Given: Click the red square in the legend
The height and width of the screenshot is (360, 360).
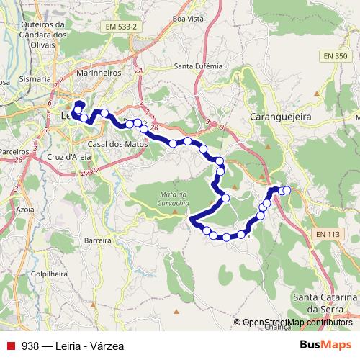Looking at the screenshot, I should [10, 345].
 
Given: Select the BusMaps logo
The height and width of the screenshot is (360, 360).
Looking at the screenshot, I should [320, 344].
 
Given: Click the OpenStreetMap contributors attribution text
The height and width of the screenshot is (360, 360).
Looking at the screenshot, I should [297, 323].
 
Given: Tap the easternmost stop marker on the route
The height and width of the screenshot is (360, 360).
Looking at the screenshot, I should [287, 190].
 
